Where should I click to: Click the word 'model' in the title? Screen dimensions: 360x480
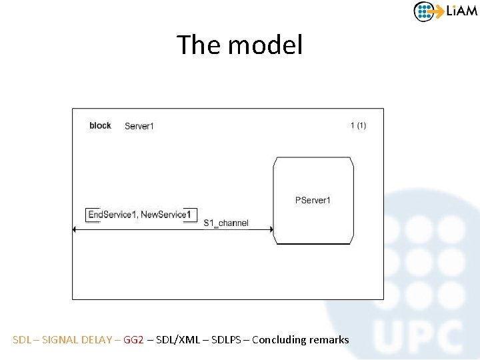(x=265, y=45)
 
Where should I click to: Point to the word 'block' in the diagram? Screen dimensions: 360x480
(x=100, y=125)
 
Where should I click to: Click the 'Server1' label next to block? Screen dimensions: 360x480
(x=139, y=126)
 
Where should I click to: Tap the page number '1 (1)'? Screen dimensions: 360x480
(x=358, y=125)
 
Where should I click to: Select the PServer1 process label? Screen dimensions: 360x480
(x=313, y=200)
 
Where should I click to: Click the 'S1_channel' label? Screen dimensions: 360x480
(x=226, y=223)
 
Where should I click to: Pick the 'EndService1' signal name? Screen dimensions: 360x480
(x=112, y=215)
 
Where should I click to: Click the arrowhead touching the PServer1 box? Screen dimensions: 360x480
(x=270, y=230)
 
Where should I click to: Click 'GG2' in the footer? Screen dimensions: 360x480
(x=133, y=340)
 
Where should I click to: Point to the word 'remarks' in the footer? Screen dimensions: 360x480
(x=329, y=340)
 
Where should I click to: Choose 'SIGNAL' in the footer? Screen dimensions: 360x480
(x=59, y=340)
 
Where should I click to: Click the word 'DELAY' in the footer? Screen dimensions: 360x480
(x=97, y=340)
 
